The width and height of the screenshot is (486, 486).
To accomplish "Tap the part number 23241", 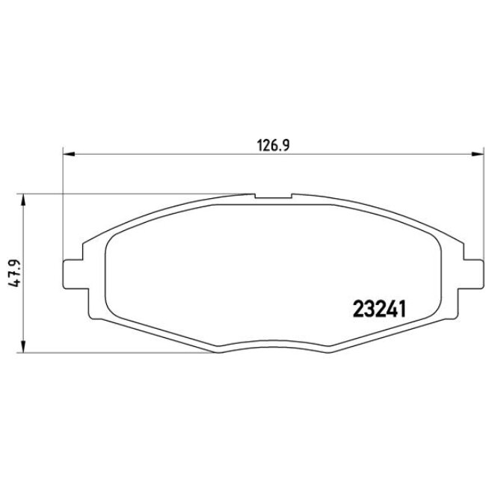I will coord(378,308).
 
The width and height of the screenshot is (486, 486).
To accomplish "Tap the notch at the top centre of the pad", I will coord(273,198).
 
